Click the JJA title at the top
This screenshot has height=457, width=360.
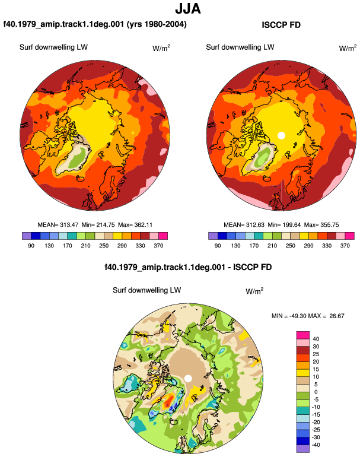click(x=188, y=9)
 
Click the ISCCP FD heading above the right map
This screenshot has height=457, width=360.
click(x=281, y=25)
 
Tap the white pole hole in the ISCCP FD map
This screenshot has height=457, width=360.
click(x=281, y=135)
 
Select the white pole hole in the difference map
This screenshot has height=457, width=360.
click(x=188, y=379)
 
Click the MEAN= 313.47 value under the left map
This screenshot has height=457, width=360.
click(x=58, y=225)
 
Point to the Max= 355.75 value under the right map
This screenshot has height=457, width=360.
click(x=321, y=225)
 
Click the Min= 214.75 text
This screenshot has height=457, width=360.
click(x=98, y=225)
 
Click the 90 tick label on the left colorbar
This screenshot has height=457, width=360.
click(x=31, y=246)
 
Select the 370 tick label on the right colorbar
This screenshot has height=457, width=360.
click(x=345, y=246)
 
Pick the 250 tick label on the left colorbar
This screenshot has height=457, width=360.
click(x=104, y=246)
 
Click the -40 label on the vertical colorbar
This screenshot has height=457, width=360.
click(x=316, y=445)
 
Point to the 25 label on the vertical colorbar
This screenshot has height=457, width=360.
click(x=316, y=354)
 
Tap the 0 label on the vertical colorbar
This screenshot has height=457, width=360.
click(x=316, y=392)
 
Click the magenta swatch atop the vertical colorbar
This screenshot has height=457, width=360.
click(x=303, y=335)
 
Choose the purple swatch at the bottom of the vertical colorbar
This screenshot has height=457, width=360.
click(x=303, y=449)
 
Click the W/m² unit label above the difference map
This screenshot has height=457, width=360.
click(x=254, y=291)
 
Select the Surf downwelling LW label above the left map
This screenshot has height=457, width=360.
click(x=53, y=47)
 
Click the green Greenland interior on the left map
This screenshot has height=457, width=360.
click(x=78, y=156)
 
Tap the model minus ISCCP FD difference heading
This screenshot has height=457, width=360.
click(x=188, y=267)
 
